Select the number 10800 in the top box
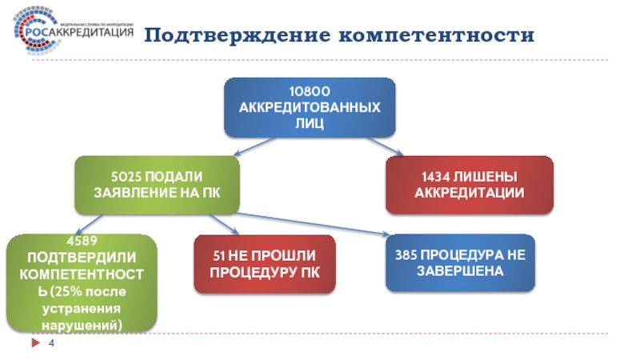pyautogui.click(x=310, y=91)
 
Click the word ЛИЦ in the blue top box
pyautogui.click(x=310, y=122)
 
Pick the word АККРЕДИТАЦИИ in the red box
pyautogui.click(x=470, y=193)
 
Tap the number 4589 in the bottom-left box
pyautogui.click(x=82, y=240)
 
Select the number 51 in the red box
pyautogui.click(x=220, y=256)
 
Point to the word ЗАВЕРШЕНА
pyautogui.click(x=459, y=270)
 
